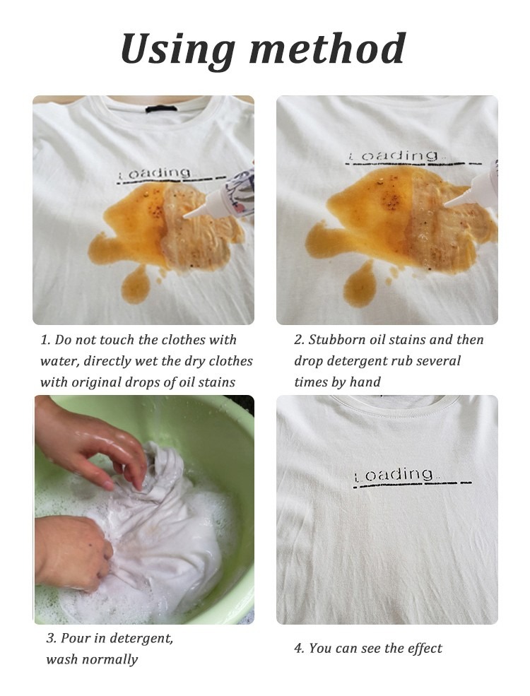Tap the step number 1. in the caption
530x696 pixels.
(45, 340)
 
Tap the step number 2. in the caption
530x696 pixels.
(299, 340)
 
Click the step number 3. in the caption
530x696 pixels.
(52, 639)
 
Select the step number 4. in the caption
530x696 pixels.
(299, 649)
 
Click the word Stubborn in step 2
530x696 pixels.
(338, 340)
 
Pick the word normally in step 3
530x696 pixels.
(109, 660)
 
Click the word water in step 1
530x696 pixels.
(59, 361)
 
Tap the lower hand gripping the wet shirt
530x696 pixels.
(71, 551)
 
